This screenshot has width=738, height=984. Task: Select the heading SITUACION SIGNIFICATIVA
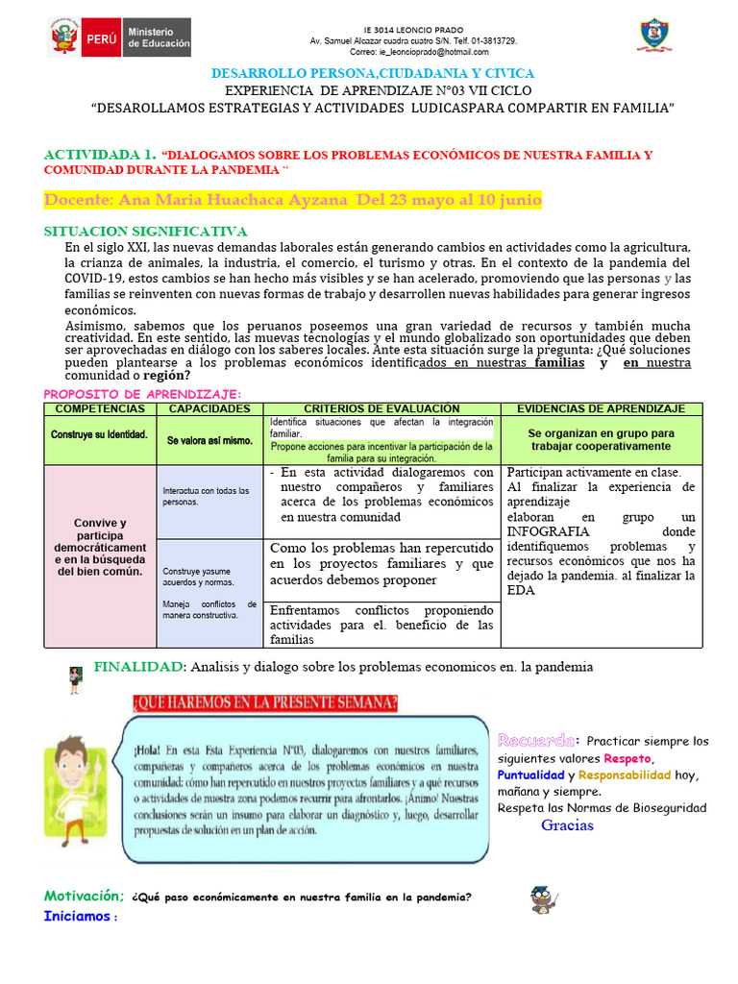click(x=146, y=232)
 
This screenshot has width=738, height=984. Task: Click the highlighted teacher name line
click(x=293, y=200)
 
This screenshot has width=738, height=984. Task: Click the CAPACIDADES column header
click(x=209, y=409)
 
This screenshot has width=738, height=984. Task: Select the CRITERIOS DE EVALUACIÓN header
click(x=381, y=409)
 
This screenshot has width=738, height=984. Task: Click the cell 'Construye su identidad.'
click(x=100, y=434)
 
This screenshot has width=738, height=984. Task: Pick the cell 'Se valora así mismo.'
click(x=209, y=440)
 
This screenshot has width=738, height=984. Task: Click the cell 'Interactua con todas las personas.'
click(x=206, y=496)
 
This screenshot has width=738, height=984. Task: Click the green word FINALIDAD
click(x=138, y=667)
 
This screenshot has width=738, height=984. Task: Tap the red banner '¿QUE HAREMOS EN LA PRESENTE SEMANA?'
click(x=262, y=703)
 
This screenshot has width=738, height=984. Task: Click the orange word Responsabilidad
click(x=625, y=775)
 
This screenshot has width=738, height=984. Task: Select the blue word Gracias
click(x=567, y=825)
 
